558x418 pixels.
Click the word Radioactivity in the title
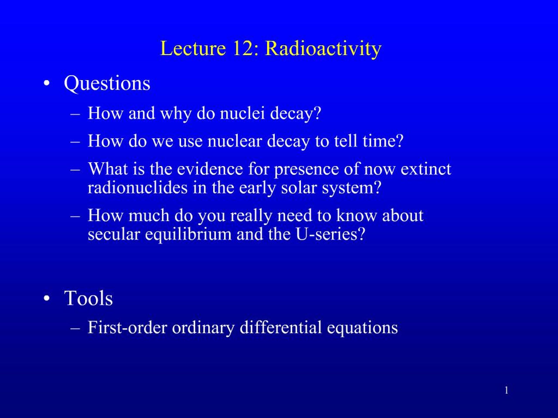click(323, 48)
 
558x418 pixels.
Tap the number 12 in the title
click(243, 48)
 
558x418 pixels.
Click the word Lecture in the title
click(193, 48)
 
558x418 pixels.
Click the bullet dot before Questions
click(46, 84)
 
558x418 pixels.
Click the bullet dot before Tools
click(46, 298)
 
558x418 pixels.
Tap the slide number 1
click(506, 391)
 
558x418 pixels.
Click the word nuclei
click(242, 113)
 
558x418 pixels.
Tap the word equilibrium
click(188, 234)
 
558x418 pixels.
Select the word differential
click(281, 328)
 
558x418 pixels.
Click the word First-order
click(127, 328)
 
